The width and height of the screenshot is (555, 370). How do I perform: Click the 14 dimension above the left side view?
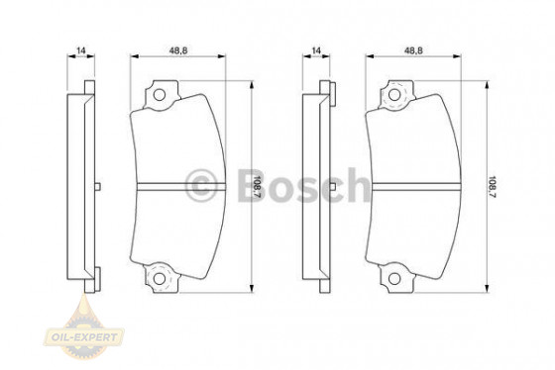pyautogui.click(x=82, y=48)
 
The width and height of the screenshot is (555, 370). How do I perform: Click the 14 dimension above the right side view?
pyautogui.click(x=317, y=48)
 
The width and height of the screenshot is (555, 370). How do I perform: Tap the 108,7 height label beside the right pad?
pyautogui.click(x=493, y=185)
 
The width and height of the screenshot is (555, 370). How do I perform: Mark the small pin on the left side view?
pyautogui.click(x=98, y=186)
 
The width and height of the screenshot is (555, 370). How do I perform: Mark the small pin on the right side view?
pyautogui.click(x=333, y=186)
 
